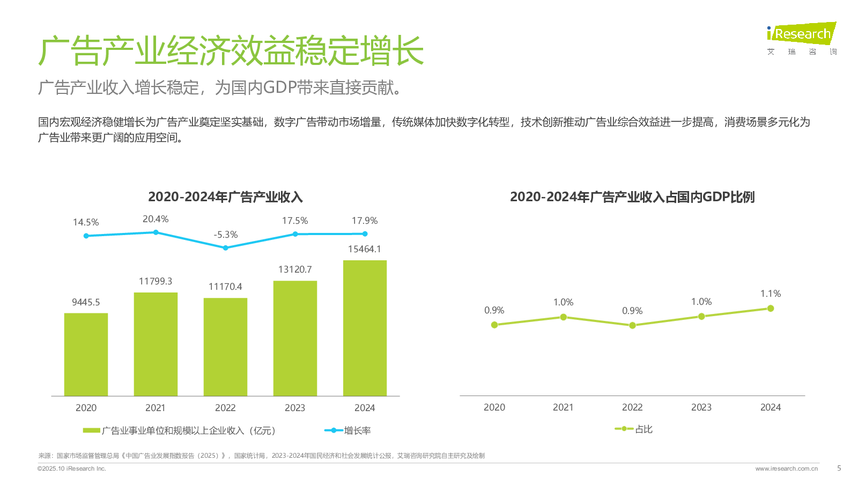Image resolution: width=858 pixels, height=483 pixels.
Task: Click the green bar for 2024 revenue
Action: point(365,328)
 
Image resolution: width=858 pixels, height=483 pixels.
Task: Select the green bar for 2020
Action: point(86,354)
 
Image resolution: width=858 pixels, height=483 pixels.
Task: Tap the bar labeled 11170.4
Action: point(225,347)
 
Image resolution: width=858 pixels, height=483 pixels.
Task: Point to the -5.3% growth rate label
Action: point(225,235)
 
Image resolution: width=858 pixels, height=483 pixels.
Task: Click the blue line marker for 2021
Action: point(156,232)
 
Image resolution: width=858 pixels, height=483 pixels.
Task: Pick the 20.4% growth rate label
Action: point(156,219)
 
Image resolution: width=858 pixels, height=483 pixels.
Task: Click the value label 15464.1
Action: point(365,249)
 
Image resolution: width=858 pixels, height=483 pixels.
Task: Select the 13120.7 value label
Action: point(295,269)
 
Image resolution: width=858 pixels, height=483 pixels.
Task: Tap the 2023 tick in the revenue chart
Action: point(295,408)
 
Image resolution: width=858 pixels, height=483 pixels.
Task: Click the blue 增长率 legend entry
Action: point(348,430)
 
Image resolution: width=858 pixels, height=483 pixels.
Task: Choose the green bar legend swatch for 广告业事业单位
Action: point(92,430)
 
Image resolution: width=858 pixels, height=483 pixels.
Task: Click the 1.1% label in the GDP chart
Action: point(771,294)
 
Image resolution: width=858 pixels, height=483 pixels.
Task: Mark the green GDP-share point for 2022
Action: point(632,325)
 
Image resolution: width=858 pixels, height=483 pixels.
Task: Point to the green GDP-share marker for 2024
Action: point(771,309)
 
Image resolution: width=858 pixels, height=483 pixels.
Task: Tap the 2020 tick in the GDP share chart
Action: point(494,407)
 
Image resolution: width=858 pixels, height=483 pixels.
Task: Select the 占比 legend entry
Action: point(634,429)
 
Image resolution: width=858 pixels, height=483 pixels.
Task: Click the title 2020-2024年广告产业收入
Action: point(225,197)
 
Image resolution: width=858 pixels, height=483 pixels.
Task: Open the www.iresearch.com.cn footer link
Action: point(787,469)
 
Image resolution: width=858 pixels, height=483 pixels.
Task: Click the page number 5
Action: point(839,468)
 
